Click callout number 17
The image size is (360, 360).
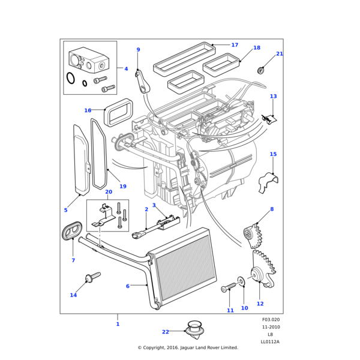point(235,45)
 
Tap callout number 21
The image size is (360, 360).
point(280,54)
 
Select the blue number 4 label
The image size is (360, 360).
point(126,69)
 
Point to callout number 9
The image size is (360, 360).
point(138,50)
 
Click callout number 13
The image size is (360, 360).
point(273,96)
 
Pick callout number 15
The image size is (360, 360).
point(273,154)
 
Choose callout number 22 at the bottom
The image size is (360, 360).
point(166,331)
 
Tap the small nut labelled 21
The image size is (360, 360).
point(261,70)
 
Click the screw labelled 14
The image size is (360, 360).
point(93,278)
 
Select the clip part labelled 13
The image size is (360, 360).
point(271,117)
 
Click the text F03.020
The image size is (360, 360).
point(271,320)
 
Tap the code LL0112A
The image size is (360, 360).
point(270,341)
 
